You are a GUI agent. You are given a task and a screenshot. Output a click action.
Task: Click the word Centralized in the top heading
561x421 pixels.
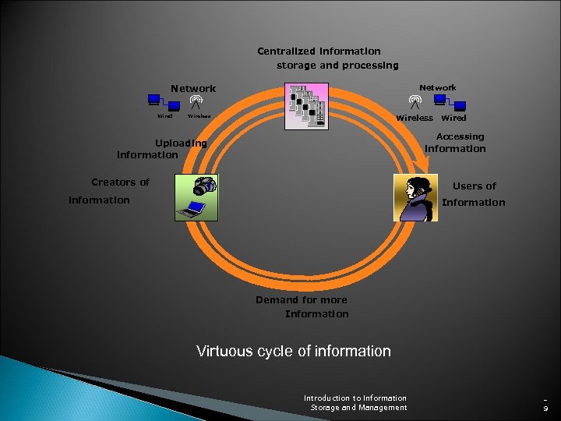pos(287,51)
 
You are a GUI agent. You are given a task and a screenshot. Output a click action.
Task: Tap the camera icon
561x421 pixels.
pos(205,186)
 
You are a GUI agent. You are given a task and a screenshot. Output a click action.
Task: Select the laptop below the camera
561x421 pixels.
pos(190,208)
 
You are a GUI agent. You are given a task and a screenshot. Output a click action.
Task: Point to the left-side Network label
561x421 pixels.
pos(193,89)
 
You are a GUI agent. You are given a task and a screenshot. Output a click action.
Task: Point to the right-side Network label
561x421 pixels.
pos(438,87)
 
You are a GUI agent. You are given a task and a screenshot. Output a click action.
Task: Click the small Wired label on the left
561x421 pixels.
pos(164,117)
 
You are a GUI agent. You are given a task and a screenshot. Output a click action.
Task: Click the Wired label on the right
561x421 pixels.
pos(453,118)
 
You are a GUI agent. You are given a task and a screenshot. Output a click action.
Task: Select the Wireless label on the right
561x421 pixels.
pos(415,118)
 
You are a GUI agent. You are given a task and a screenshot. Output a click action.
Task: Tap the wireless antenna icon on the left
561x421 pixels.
pos(195,102)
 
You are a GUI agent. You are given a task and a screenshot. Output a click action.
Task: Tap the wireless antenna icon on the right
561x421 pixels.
pos(415,101)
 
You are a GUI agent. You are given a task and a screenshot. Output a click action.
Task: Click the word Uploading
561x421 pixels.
pos(181,143)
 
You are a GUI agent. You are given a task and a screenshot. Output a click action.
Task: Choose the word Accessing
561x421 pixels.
pos(460,136)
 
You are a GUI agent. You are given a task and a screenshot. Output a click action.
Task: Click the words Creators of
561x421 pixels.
pos(120,182)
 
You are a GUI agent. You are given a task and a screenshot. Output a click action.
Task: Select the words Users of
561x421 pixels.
pos(474,186)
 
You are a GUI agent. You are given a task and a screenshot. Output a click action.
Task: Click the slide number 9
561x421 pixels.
pos(546,408)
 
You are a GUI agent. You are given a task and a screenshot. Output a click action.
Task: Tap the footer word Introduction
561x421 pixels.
pos(329,398)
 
